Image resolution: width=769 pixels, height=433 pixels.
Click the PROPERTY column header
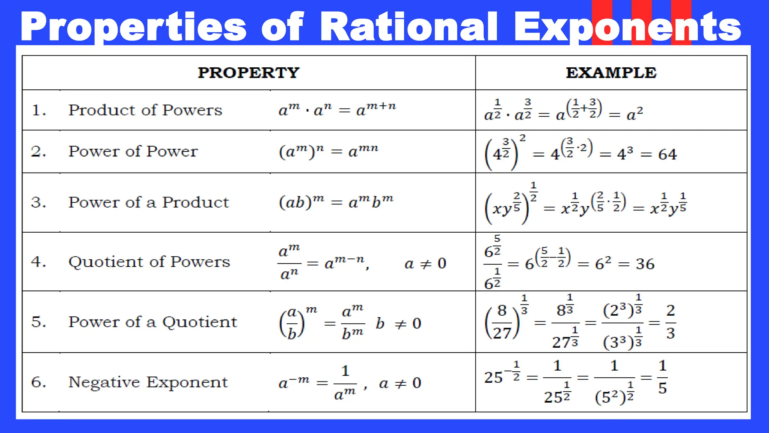[249, 73]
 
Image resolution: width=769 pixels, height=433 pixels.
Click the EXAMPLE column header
[611, 73]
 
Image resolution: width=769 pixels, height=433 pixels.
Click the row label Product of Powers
[145, 110]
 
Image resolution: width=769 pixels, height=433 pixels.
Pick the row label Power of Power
[133, 151]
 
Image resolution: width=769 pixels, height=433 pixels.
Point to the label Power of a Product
[148, 202]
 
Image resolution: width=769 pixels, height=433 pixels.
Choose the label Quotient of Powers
[149, 262]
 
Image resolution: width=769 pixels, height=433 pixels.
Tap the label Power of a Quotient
[152, 322]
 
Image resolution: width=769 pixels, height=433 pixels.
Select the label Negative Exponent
[148, 382]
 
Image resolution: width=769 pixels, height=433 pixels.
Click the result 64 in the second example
[667, 154]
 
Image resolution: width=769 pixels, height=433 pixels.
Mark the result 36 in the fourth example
[645, 264]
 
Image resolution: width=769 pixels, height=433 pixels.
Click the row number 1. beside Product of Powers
[39, 110]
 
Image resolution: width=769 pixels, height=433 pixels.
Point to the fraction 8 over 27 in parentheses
[502, 322]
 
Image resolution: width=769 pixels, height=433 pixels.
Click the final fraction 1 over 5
[662, 377]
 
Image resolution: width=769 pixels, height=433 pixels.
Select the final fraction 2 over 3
[670, 322]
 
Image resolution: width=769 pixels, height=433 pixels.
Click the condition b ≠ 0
[398, 323]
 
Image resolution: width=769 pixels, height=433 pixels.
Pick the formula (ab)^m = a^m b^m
[336, 202]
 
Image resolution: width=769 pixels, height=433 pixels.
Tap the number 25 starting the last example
[493, 377]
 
